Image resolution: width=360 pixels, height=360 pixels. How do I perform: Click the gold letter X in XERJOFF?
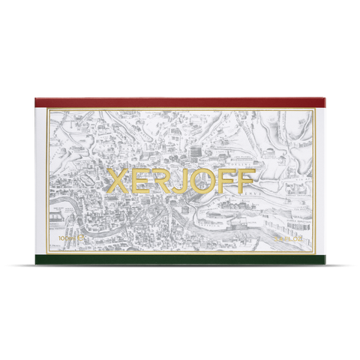[x=119, y=181]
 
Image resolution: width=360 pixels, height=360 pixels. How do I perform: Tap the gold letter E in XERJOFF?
[x=139, y=181]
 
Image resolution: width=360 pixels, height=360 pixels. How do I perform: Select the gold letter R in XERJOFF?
[x=160, y=181]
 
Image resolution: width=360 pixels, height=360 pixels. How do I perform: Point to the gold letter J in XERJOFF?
[x=177, y=181]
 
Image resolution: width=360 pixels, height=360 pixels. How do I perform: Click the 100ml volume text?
[x=64, y=238]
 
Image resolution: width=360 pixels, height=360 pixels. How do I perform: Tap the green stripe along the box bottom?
[x=180, y=259]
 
